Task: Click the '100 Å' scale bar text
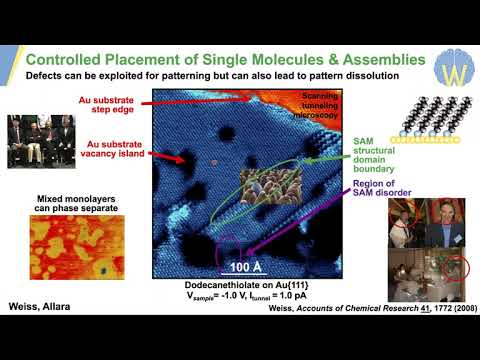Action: coord(245,268)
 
